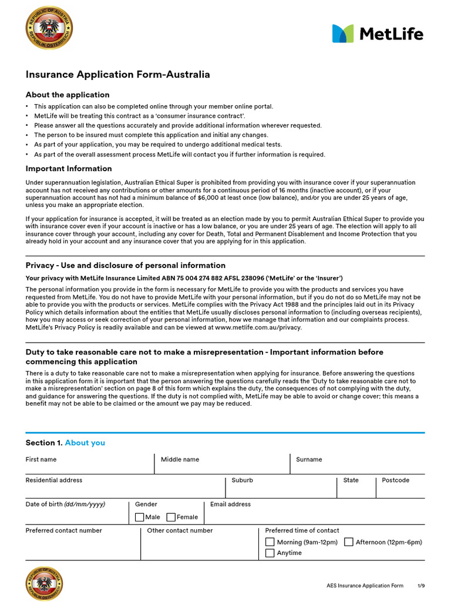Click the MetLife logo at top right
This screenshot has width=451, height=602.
click(377, 34)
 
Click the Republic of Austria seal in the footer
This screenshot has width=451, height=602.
click(49, 584)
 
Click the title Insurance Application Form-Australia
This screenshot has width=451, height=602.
click(117, 75)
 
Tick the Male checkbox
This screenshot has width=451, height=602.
click(139, 517)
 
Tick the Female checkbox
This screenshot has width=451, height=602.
click(171, 517)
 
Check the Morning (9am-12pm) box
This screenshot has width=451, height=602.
click(270, 542)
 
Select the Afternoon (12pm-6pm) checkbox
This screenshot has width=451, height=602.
click(349, 542)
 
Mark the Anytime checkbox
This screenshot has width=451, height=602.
click(270, 553)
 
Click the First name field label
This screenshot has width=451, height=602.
click(41, 459)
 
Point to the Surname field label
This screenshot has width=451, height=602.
click(309, 459)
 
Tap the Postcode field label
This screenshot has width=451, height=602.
click(395, 480)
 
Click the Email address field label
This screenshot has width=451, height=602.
click(230, 504)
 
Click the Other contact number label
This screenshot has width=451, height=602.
click(180, 530)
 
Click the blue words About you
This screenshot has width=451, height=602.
click(85, 443)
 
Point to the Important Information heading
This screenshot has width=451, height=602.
click(69, 168)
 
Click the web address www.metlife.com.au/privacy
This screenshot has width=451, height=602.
click(258, 327)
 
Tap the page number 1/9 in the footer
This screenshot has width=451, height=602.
click(420, 586)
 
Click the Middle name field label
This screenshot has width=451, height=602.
click(180, 459)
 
